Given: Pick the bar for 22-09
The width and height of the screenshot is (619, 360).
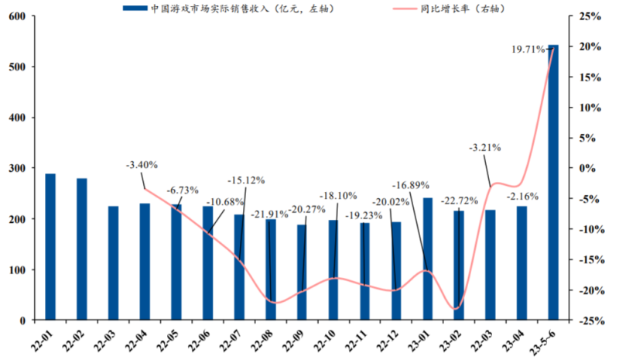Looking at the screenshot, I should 302,272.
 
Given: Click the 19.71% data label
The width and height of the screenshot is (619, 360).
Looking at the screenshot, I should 528,50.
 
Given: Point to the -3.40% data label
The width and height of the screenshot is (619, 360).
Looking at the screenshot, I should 142,165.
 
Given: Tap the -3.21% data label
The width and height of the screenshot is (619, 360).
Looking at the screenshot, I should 485,146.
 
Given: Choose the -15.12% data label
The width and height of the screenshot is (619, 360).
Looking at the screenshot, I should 246,180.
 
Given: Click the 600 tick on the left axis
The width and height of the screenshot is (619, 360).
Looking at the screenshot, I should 15,16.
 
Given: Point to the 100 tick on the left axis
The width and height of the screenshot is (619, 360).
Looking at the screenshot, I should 15,269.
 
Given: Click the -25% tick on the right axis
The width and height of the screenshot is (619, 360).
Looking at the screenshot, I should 590,320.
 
